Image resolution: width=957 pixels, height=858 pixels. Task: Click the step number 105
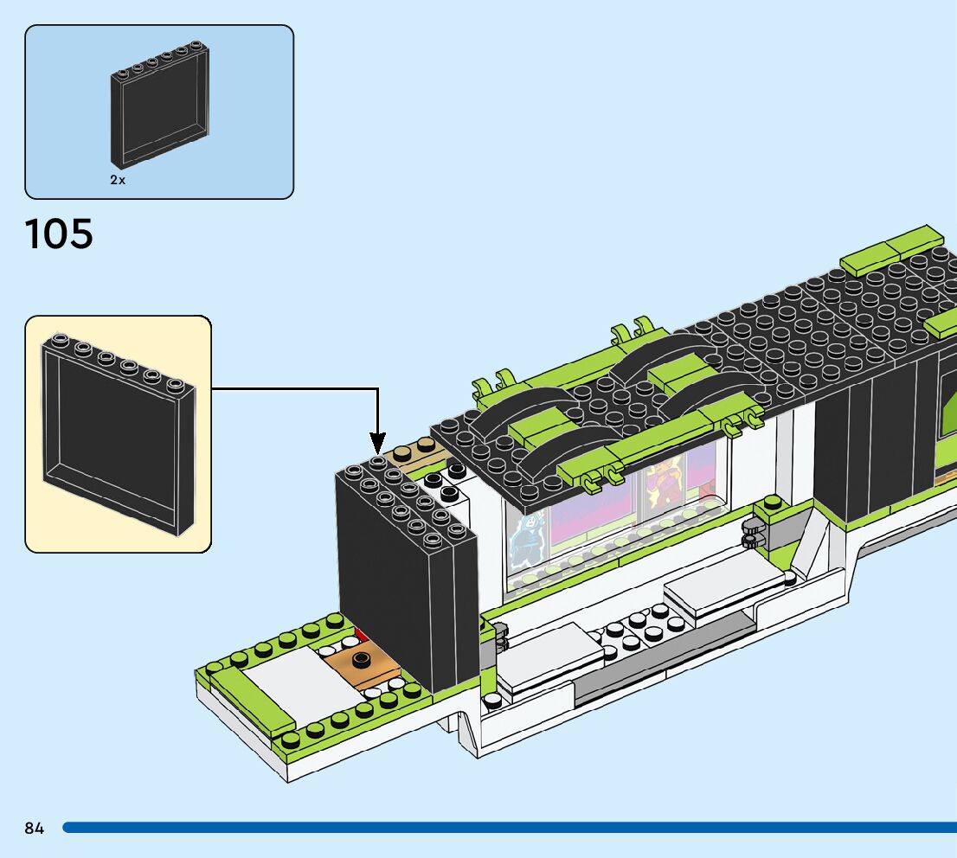pos(59,234)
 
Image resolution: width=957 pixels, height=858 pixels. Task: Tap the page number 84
pos(35,828)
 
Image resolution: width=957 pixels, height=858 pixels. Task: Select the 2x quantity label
pos(118,180)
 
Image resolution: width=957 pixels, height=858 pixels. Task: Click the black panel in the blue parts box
pos(160,105)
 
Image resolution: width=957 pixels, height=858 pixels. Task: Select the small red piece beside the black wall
pos(362,635)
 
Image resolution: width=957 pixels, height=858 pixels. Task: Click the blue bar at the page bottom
pos(510,828)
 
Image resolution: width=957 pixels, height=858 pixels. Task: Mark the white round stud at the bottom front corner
pos(491,700)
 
